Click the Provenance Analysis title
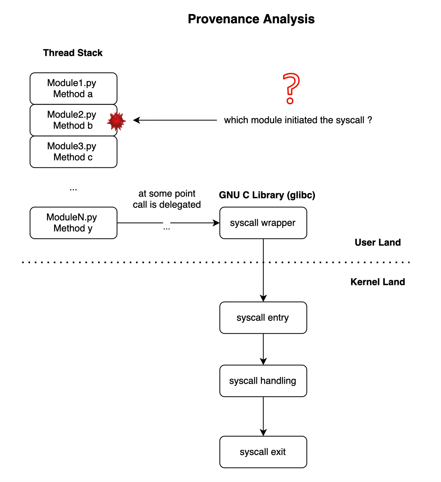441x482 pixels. point(251,19)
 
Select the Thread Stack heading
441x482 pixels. point(73,52)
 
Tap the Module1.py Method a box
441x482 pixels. point(73,88)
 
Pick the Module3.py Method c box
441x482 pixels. point(73,152)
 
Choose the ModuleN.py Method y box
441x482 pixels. point(73,223)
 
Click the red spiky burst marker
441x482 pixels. point(117,121)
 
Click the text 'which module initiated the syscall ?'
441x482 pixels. point(298,120)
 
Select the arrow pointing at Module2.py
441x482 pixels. point(175,120)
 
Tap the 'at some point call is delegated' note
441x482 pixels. point(167,199)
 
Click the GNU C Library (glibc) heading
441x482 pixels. point(267,195)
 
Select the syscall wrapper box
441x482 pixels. point(263,223)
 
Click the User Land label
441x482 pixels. point(377,242)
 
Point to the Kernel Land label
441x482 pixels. point(377,282)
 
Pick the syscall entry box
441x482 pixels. point(263,318)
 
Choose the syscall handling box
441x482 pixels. point(263,381)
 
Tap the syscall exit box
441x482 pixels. point(263,452)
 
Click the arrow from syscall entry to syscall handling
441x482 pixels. point(263,349)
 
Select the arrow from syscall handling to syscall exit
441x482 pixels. point(263,416)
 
